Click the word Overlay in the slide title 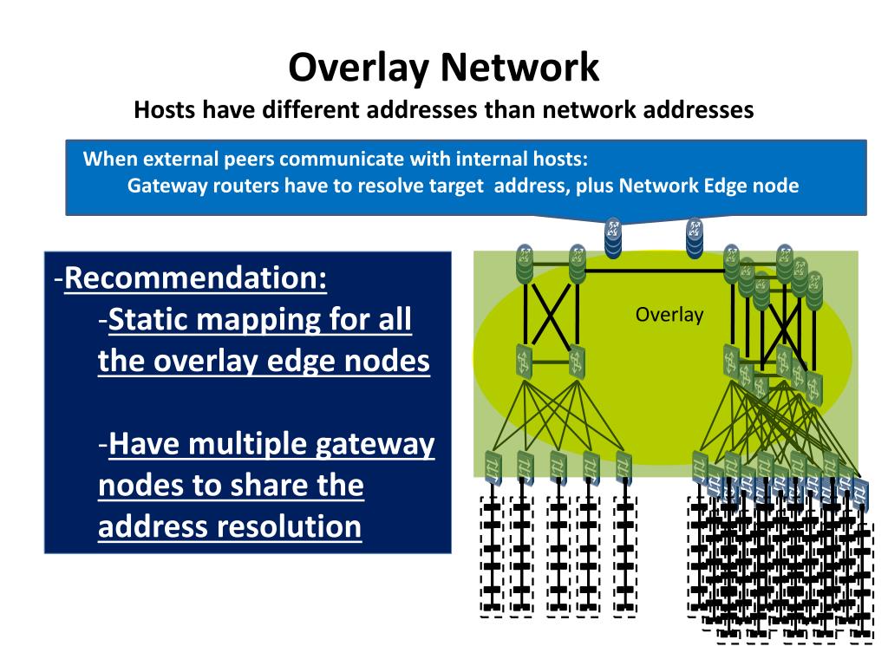click(x=359, y=69)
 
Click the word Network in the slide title click(x=519, y=68)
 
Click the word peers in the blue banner click(x=249, y=160)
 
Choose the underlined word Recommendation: click(x=195, y=278)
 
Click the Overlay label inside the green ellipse click(x=669, y=314)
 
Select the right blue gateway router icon click(x=695, y=238)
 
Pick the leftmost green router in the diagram click(x=525, y=264)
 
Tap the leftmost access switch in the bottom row click(x=493, y=468)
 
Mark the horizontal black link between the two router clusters click(x=654, y=271)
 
